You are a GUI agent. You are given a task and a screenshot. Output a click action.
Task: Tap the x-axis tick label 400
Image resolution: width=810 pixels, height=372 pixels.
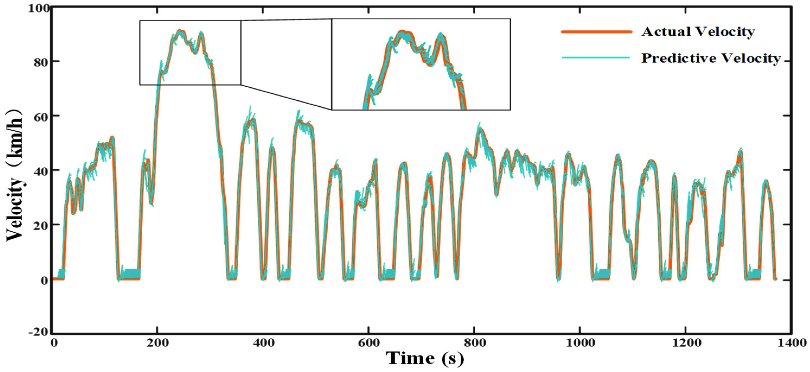pyautogui.click(x=263, y=343)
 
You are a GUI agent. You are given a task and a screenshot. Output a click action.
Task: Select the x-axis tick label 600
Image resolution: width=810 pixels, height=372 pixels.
pyautogui.click(x=368, y=343)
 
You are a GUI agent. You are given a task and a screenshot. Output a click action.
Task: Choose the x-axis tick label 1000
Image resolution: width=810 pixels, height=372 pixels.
pyautogui.click(x=579, y=343)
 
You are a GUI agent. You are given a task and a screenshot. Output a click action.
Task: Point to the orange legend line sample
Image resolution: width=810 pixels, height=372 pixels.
pyautogui.click(x=597, y=31)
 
